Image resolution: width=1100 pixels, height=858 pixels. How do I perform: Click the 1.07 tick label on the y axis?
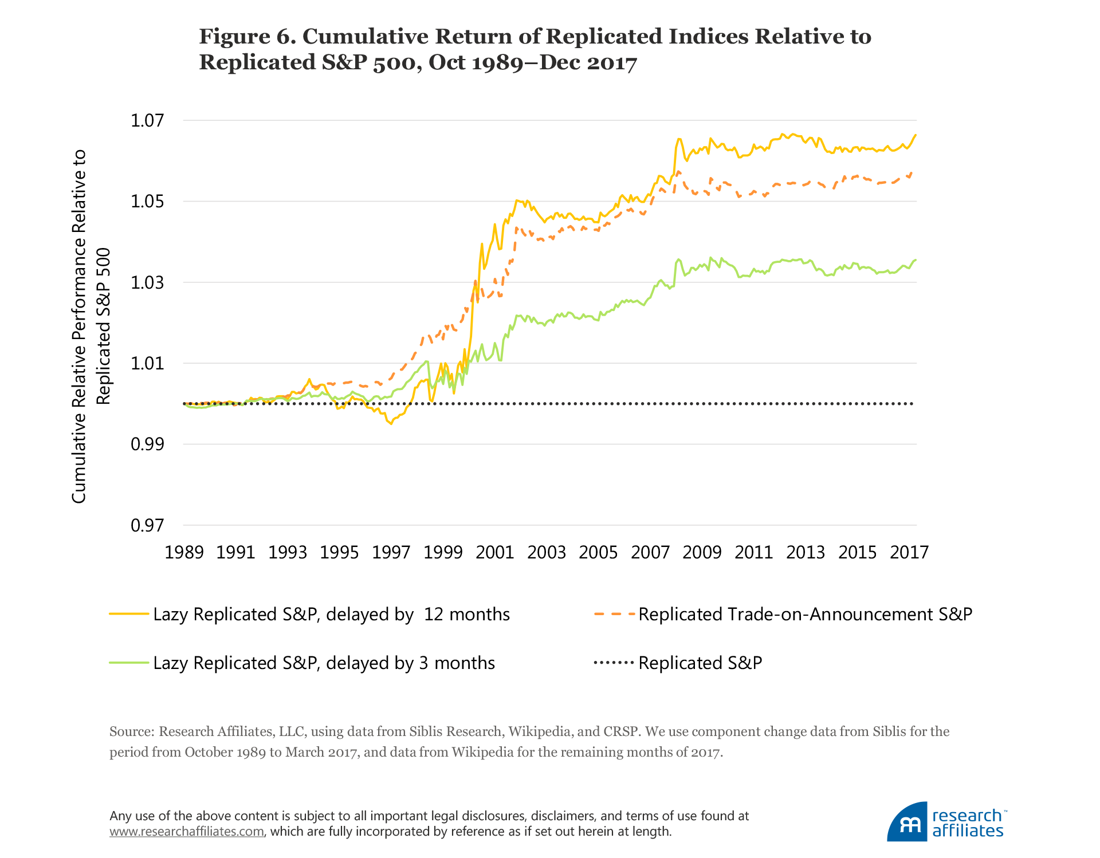click(147, 120)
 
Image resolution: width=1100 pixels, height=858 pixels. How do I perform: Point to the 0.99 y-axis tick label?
click(147, 444)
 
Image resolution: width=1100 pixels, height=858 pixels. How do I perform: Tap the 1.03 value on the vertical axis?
click(147, 282)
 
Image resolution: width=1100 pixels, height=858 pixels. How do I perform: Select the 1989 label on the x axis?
click(184, 552)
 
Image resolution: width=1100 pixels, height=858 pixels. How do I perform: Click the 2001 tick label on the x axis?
click(494, 552)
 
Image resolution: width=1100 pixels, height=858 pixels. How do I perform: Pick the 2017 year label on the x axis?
click(909, 552)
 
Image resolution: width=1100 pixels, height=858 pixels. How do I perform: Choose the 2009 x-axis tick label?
click(702, 552)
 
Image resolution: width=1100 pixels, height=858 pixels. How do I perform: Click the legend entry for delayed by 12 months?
click(331, 614)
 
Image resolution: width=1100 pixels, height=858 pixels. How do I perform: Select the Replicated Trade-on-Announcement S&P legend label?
click(805, 614)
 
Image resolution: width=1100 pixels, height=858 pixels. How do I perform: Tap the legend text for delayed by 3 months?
click(324, 663)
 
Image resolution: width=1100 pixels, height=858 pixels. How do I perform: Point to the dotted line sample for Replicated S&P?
click(614, 663)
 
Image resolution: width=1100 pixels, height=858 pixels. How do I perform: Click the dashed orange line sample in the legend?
click(614, 614)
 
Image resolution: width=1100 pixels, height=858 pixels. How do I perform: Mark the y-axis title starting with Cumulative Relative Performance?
click(78, 326)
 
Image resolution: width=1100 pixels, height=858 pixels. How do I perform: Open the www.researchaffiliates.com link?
click(187, 832)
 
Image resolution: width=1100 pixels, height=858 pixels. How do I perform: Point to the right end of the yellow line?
click(916, 135)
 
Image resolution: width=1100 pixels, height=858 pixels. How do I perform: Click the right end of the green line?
click(916, 260)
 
